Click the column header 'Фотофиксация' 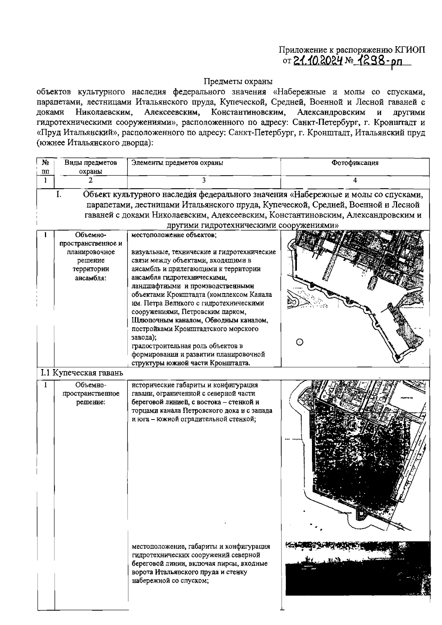[x=355, y=163]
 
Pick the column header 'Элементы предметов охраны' [x=177, y=162]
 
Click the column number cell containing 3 [x=204, y=180]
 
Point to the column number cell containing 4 [x=355, y=180]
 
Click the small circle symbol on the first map [x=299, y=343]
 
